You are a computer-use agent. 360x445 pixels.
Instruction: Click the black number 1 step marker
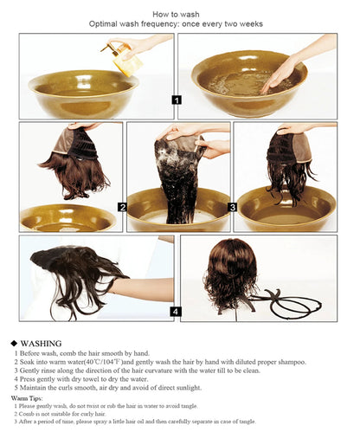(177, 100)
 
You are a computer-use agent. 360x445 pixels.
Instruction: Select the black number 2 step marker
(122, 207)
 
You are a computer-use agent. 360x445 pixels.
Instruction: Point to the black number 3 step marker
(232, 207)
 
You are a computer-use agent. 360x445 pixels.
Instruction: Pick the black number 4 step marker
(176, 312)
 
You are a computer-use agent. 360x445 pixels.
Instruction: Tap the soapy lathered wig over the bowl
(179, 177)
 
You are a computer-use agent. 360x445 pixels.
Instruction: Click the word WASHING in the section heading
(41, 343)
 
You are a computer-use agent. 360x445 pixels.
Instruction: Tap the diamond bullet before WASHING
(14, 343)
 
